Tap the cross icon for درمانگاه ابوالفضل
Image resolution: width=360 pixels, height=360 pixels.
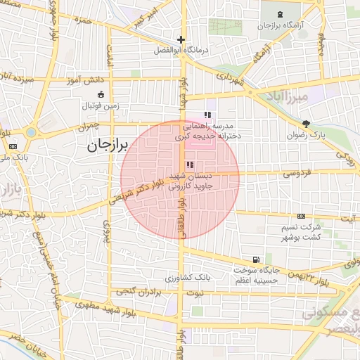pos(181,40)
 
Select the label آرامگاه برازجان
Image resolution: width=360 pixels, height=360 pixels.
pos(283,25)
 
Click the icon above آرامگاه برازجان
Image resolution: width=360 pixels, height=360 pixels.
pos(281,15)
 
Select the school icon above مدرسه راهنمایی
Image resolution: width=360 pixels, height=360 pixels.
pos(207,115)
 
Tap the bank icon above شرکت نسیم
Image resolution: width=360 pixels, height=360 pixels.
pos(302,217)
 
